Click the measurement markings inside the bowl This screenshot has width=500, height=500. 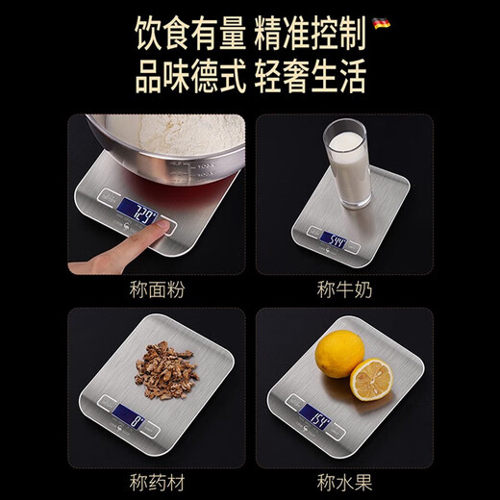point(201,171)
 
